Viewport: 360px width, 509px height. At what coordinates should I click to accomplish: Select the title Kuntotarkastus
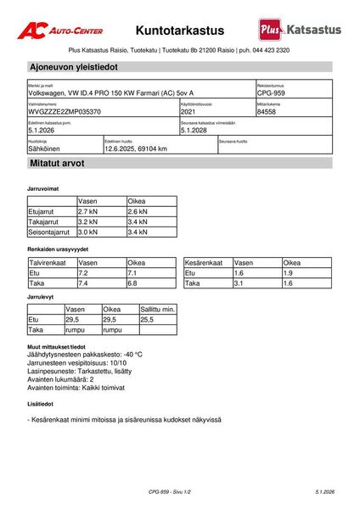point(180,31)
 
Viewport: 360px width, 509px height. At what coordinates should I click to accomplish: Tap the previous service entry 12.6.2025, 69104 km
point(136,148)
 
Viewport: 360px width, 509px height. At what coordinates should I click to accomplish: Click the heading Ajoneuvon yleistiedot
point(73,66)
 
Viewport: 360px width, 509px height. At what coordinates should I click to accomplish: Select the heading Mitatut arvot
point(57,162)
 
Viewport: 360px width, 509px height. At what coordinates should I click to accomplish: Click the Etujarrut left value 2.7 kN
point(89,211)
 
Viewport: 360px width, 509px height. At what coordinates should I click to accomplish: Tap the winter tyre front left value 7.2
point(83,274)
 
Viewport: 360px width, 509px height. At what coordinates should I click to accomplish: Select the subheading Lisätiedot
point(42,405)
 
